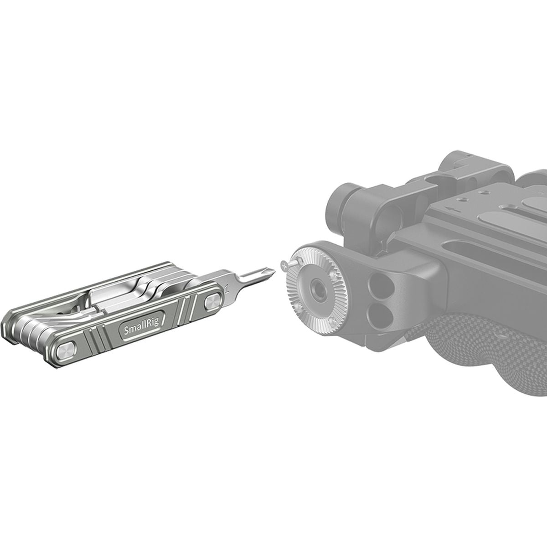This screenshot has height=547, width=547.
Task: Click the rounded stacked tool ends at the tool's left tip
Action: coord(11,326)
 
